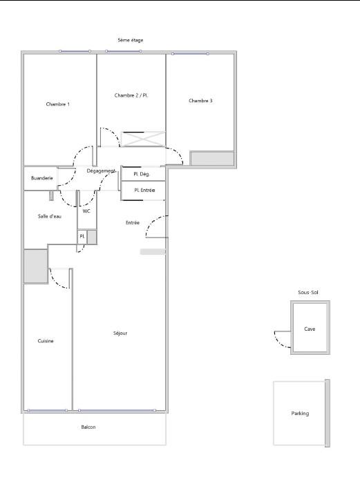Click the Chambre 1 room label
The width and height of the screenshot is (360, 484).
point(58,104)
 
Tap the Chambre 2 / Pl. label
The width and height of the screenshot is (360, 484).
point(131,95)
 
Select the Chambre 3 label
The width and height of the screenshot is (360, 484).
point(200,101)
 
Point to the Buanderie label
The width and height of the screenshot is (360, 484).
point(42,178)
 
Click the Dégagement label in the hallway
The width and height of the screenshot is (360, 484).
point(101,171)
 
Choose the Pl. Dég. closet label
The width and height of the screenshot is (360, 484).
point(142,174)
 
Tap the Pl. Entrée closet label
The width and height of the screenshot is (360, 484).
point(144,190)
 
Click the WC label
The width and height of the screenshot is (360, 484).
point(86,211)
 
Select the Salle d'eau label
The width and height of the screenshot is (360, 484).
point(50,216)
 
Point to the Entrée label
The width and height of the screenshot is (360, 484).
point(133,222)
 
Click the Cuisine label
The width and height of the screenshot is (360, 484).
point(46,341)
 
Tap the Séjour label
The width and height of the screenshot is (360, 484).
point(120,333)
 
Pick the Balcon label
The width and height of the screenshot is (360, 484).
point(88,427)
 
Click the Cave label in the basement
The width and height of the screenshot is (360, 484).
point(310,329)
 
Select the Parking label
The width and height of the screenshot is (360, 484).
point(300,414)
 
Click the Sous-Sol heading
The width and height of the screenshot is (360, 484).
point(308,292)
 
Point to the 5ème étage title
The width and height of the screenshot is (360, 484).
point(131,40)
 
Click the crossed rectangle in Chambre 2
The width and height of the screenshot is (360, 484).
point(143,139)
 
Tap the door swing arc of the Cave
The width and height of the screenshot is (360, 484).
point(279,342)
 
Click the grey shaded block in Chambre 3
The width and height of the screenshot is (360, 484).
point(212,158)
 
